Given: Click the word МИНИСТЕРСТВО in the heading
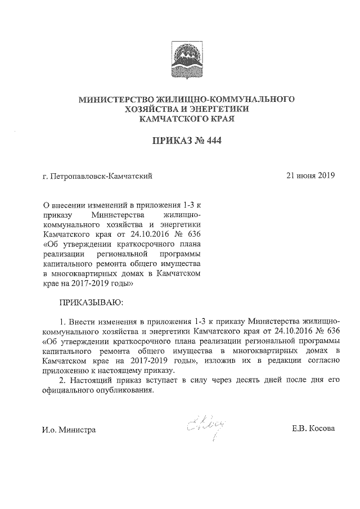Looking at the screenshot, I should pos(116,100).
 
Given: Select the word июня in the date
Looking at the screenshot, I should pos(307,176).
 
